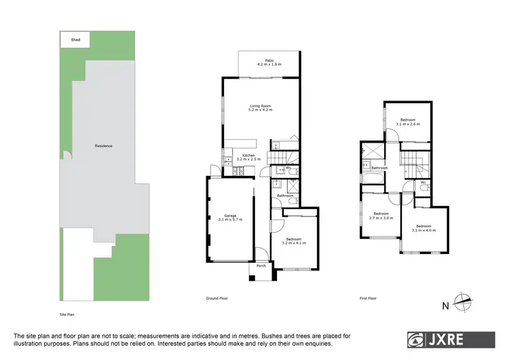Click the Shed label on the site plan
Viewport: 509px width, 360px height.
point(75,40)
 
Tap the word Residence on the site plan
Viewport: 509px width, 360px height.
point(103,146)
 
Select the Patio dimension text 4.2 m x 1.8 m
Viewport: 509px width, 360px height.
point(269,65)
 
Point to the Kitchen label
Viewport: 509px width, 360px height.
point(249,156)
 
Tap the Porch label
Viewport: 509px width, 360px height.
point(261,266)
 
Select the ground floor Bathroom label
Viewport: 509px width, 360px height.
point(285,196)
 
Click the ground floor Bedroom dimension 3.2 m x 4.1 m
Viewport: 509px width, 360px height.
point(293,242)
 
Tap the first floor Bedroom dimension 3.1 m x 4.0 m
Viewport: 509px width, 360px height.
point(423,230)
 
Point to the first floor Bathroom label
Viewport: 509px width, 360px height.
point(379,168)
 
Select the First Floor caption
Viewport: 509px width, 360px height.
point(368,298)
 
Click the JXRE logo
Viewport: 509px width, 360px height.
point(441,339)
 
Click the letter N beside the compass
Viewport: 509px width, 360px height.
point(446,306)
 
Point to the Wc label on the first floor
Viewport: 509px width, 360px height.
point(423,182)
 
